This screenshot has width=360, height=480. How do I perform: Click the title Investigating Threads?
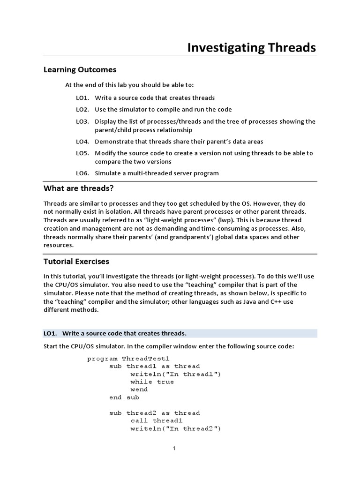pyautogui.click(x=251, y=47)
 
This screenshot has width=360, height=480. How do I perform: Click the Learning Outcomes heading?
pyautogui.click(x=80, y=69)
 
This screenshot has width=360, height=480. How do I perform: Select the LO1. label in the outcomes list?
pyautogui.click(x=82, y=98)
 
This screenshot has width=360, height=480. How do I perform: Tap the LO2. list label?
pyautogui.click(x=82, y=109)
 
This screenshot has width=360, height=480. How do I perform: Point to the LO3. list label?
pyautogui.click(x=82, y=121)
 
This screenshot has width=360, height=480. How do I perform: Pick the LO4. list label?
pyautogui.click(x=82, y=142)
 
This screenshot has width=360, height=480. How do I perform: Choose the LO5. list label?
pyautogui.click(x=82, y=153)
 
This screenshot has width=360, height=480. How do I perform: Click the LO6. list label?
pyautogui.click(x=82, y=173)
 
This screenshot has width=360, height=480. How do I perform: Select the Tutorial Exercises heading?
pyautogui.click(x=76, y=261)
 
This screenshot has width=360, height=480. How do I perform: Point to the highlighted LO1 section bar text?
pyautogui.click(x=115, y=333)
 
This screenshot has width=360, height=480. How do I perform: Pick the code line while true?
pyautogui.click(x=152, y=382)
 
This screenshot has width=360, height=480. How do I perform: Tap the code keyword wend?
pyautogui.click(x=139, y=390)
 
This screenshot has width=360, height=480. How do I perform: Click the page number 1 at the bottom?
pyautogui.click(x=174, y=449)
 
